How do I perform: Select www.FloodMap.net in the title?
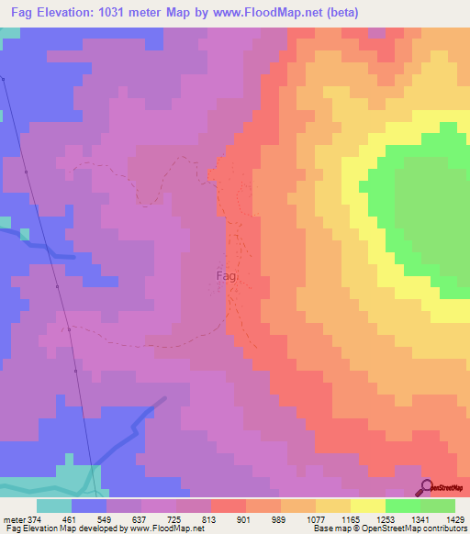coord(273,13)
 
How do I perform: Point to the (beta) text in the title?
coord(337,13)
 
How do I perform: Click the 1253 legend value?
coord(409,518)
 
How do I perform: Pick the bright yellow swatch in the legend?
coord(367,506)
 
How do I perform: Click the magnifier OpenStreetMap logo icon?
coord(427,487)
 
